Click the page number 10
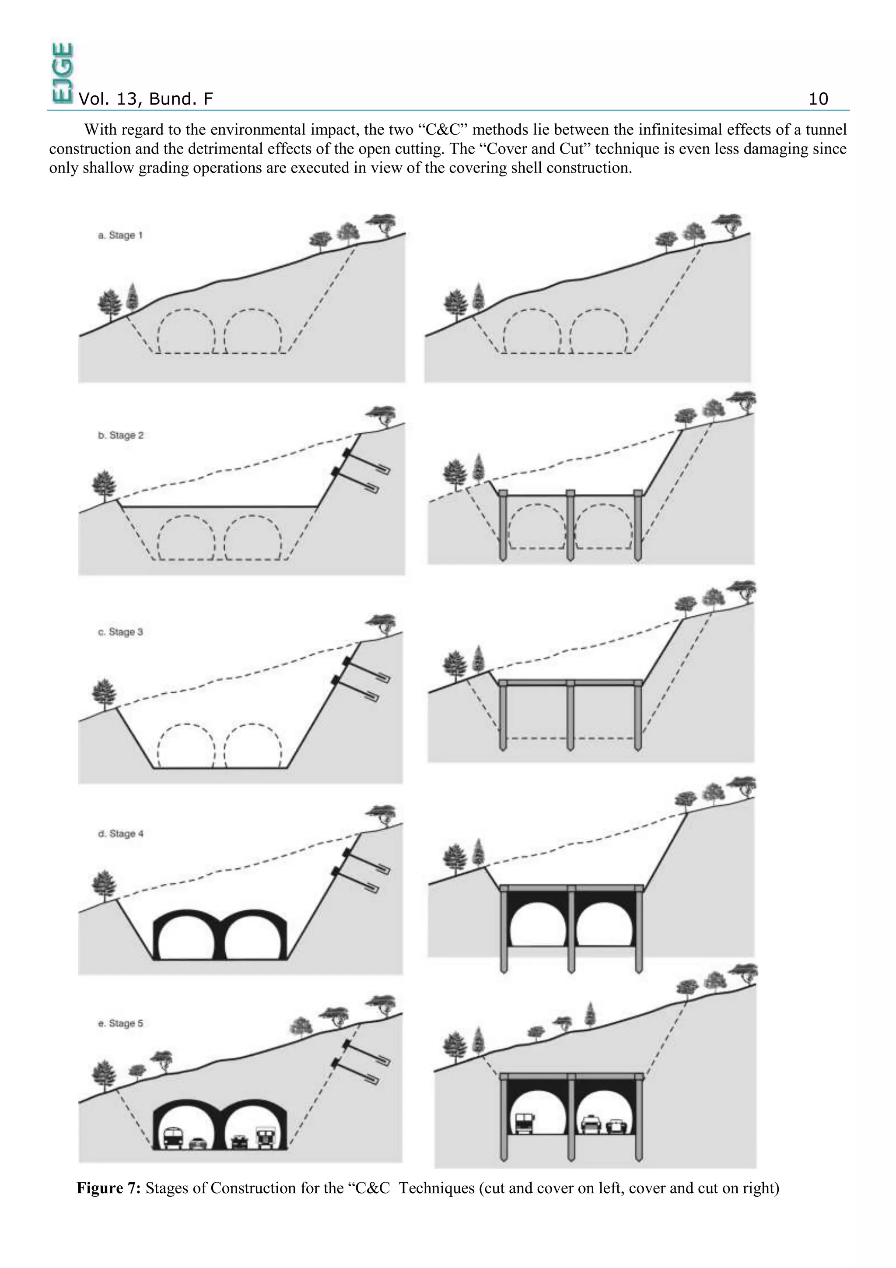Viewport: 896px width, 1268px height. (x=818, y=99)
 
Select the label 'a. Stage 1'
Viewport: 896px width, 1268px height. (x=120, y=235)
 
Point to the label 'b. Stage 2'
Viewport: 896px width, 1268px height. (x=121, y=435)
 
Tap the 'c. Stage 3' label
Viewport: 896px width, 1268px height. (x=120, y=632)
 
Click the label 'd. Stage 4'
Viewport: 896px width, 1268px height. (x=121, y=833)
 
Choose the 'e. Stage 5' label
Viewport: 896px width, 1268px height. (x=120, y=1023)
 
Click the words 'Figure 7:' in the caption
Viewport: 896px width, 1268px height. (x=109, y=1188)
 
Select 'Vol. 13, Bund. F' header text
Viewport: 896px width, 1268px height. (x=146, y=99)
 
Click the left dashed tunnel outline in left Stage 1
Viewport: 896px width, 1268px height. (x=185, y=330)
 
